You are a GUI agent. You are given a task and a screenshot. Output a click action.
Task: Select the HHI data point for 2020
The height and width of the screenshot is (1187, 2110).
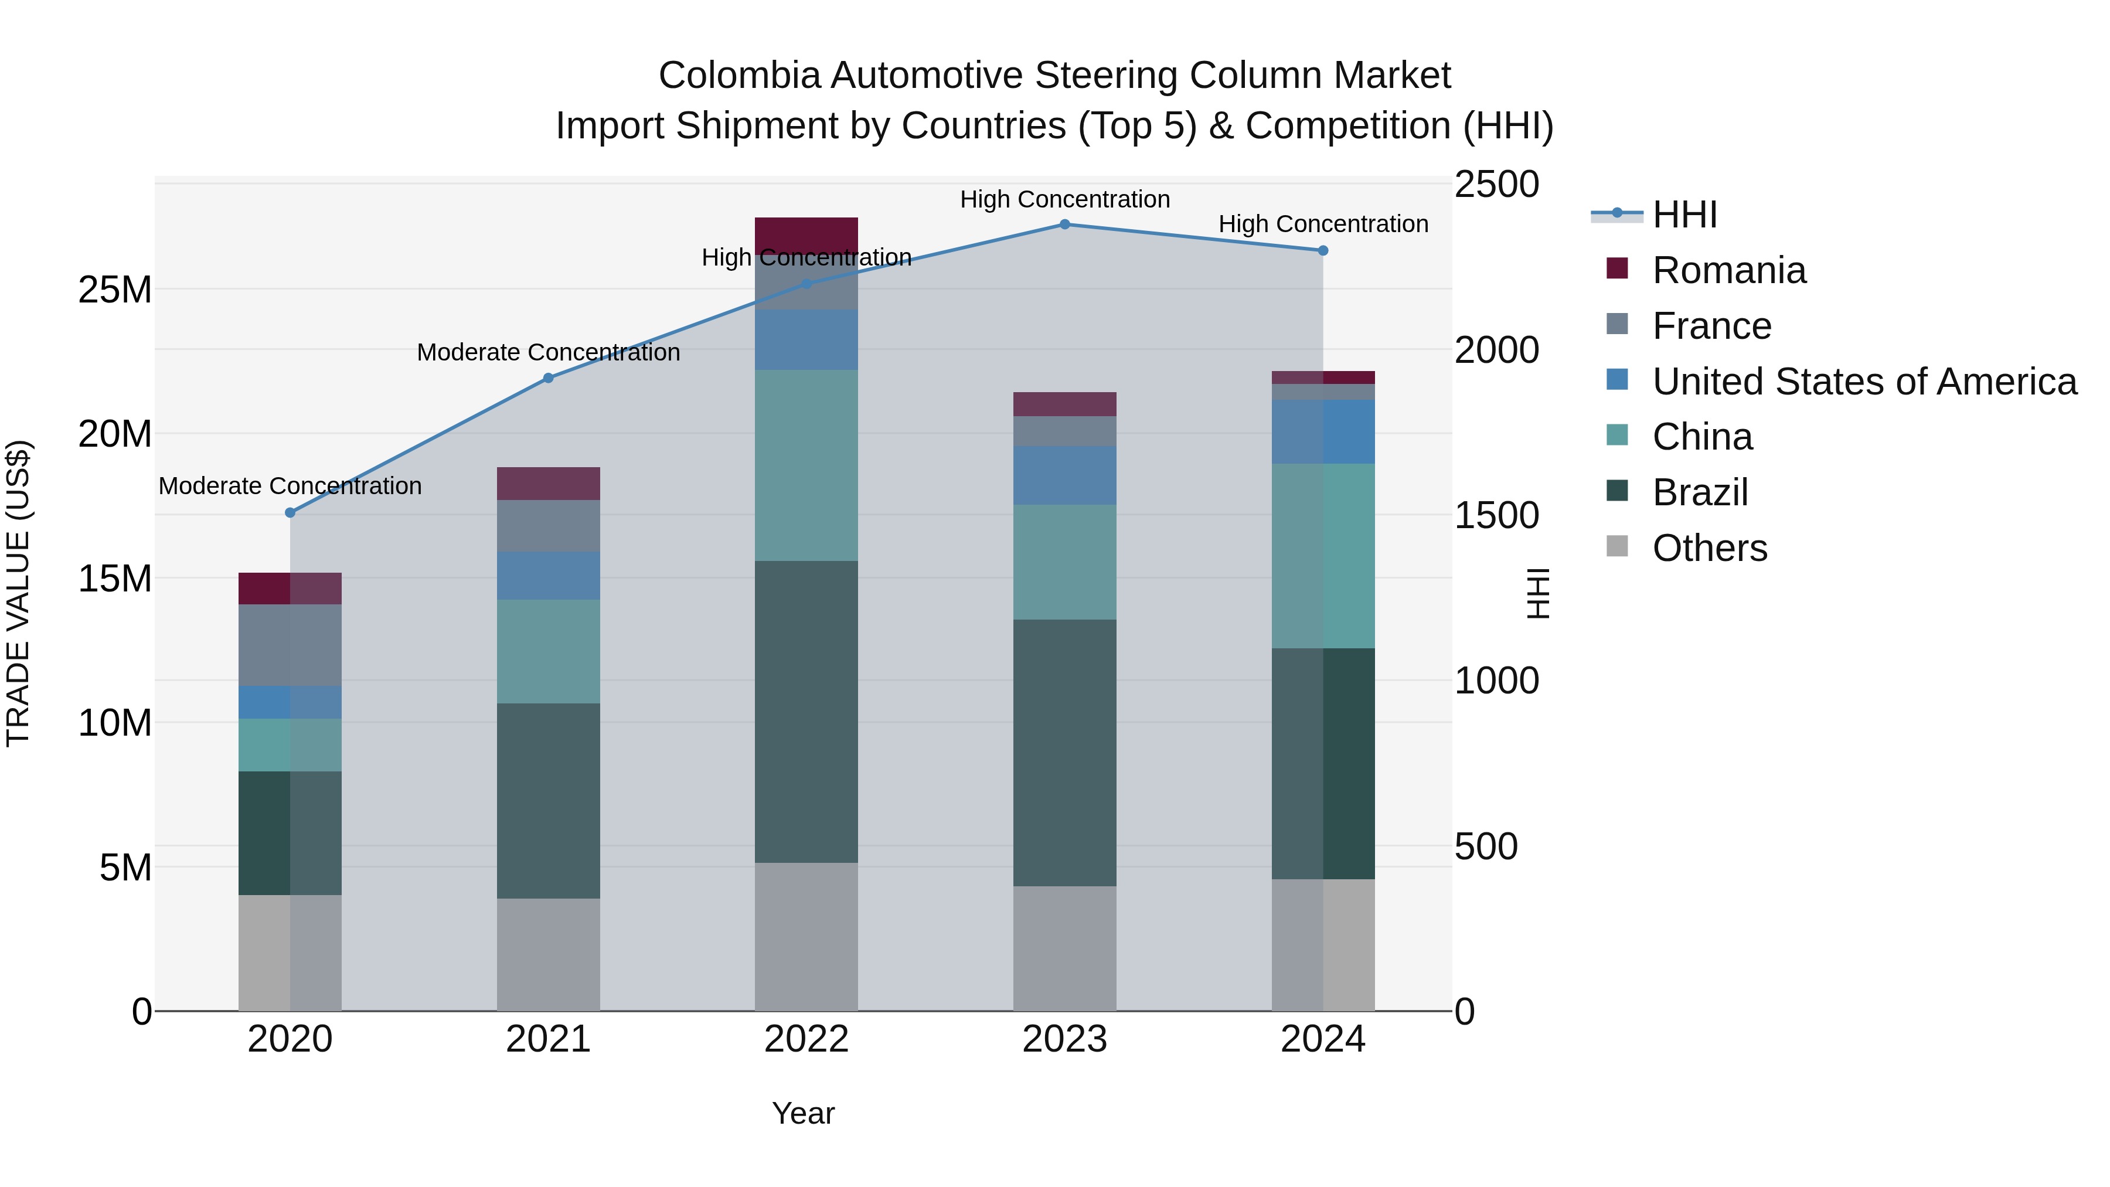click(x=290, y=513)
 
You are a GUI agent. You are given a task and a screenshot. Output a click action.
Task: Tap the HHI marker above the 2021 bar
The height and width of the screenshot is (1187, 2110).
click(x=549, y=379)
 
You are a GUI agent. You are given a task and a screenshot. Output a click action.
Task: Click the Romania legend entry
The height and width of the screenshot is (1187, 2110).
click(x=1728, y=270)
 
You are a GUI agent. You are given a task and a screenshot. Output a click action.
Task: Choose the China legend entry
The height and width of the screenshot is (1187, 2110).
click(x=1702, y=437)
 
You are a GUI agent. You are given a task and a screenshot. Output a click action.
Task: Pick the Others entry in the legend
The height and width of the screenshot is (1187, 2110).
click(x=1710, y=548)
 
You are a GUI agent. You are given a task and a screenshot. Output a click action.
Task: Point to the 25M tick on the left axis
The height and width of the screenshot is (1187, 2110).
click(x=115, y=290)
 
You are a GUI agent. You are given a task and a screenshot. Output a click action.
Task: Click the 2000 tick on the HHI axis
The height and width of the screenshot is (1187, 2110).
click(x=1496, y=351)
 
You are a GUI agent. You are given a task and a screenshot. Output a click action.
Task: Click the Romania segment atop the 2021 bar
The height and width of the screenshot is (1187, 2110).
click(x=549, y=484)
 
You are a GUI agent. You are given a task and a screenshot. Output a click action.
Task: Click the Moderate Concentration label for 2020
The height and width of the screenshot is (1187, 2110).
click(x=290, y=487)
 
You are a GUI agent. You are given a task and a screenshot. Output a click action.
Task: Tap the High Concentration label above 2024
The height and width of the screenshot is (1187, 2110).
click(x=1323, y=225)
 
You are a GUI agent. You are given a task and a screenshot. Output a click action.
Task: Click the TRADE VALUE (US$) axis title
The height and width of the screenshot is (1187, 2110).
click(x=18, y=593)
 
